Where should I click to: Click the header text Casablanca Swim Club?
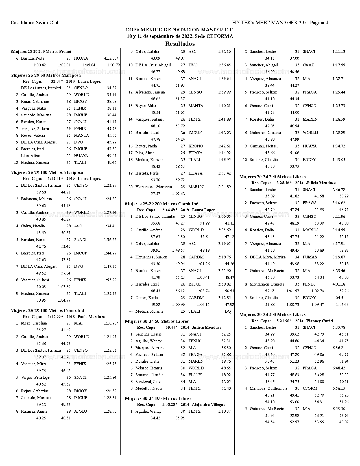pyautogui.click(x=35, y=23)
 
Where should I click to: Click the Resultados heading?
pyautogui.click(x=180, y=44)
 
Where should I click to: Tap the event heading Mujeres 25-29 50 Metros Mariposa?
pyautogui.click(x=45, y=75)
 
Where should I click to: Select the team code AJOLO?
pyautogui.click(x=80, y=411)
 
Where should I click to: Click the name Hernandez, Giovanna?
pyautogui.click(x=153, y=187)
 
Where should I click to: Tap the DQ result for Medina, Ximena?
pyautogui.click(x=227, y=311)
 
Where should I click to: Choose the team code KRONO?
pyautogui.click(x=196, y=146)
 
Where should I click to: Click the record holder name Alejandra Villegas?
pyautogui.click(x=208, y=404)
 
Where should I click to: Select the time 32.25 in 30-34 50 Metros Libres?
pyautogui.click(x=226, y=334)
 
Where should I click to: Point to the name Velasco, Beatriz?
pyautogui.click(x=149, y=368)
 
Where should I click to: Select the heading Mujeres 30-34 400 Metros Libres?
pyautogui.click(x=272, y=314)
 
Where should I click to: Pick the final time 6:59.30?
pyautogui.click(x=339, y=409)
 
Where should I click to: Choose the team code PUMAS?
pyautogui.click(x=310, y=257)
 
